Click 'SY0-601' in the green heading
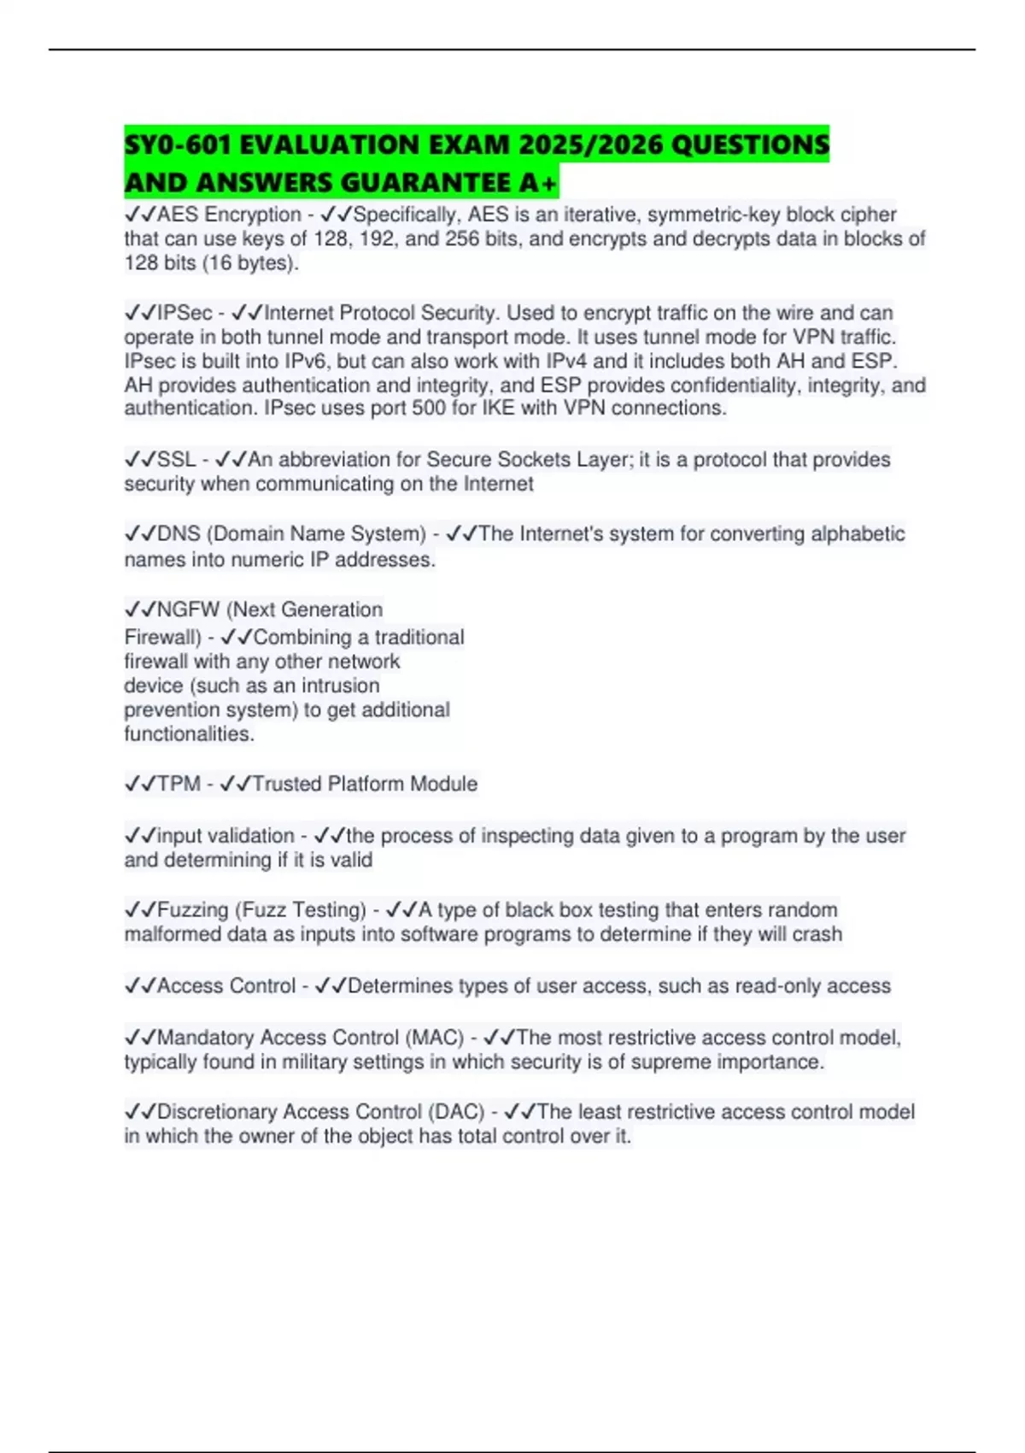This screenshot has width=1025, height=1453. [178, 145]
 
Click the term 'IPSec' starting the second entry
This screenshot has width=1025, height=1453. [184, 314]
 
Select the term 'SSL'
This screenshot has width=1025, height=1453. [176, 460]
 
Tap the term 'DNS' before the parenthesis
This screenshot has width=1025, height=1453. [178, 534]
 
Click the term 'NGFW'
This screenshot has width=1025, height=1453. [188, 610]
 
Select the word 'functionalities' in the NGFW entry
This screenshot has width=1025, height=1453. [187, 734]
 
